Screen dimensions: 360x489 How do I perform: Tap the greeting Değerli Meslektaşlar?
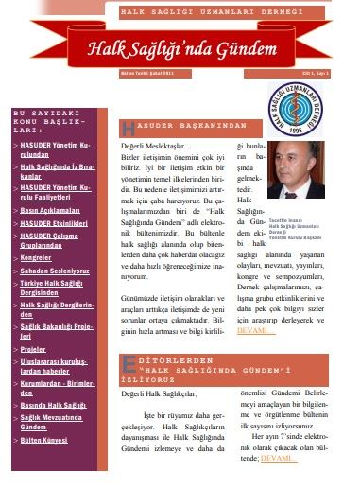(x=156, y=148)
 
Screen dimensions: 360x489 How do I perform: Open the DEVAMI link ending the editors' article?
(x=278, y=457)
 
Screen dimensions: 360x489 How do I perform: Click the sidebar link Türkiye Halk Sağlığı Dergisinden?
(x=54, y=286)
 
